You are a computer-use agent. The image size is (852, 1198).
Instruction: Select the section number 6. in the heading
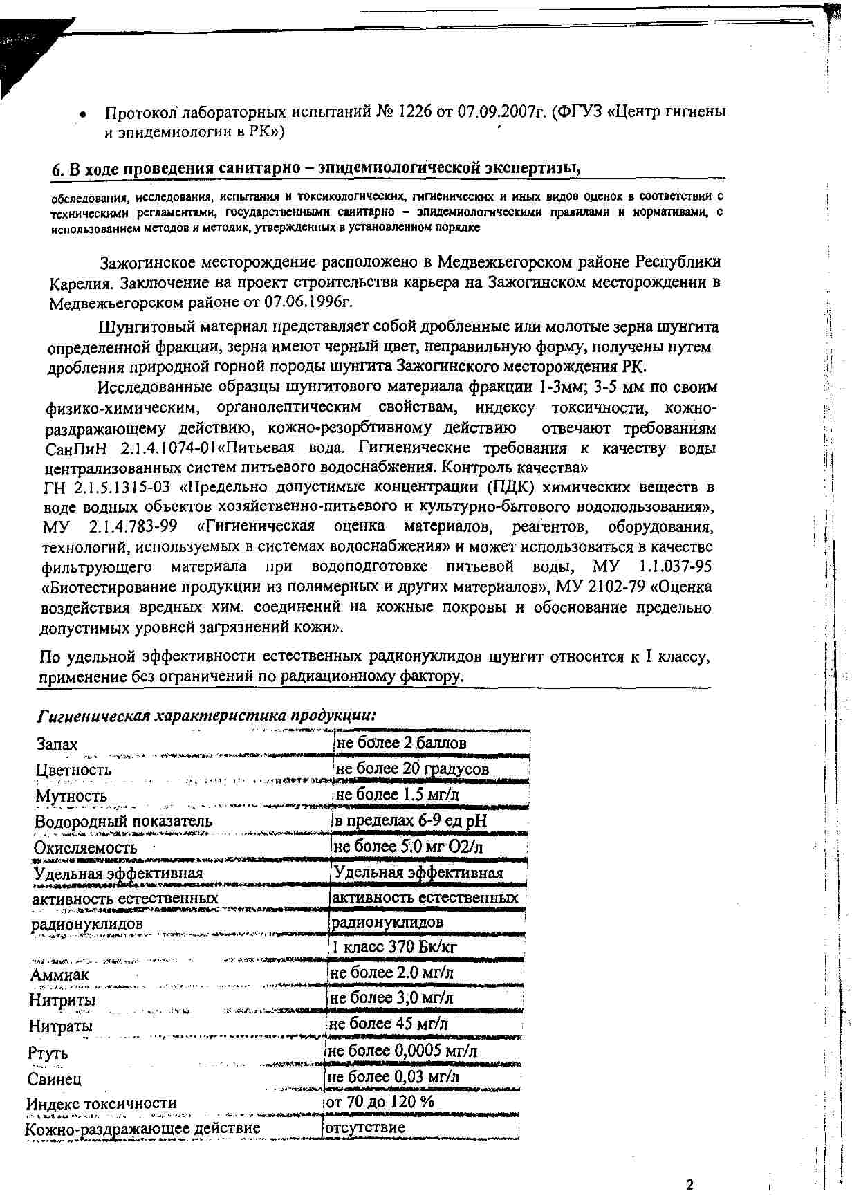pos(58,169)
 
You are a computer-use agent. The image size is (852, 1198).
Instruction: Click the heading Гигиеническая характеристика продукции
pos(207,715)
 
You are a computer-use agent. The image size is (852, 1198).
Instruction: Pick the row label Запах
pos(57,744)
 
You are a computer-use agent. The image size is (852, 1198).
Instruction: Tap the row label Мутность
pos(71,795)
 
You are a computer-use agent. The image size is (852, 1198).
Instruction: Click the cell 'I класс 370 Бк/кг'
pos(394,947)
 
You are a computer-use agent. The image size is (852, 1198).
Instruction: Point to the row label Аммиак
pos(59,975)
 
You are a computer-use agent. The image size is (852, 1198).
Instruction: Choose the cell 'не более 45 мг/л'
pos(389,1024)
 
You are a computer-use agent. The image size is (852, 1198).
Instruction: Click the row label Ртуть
pos(48,1053)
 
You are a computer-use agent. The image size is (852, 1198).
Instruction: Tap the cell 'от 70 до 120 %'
pos(380,1102)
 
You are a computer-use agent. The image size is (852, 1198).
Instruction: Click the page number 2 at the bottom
pos(689,1183)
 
